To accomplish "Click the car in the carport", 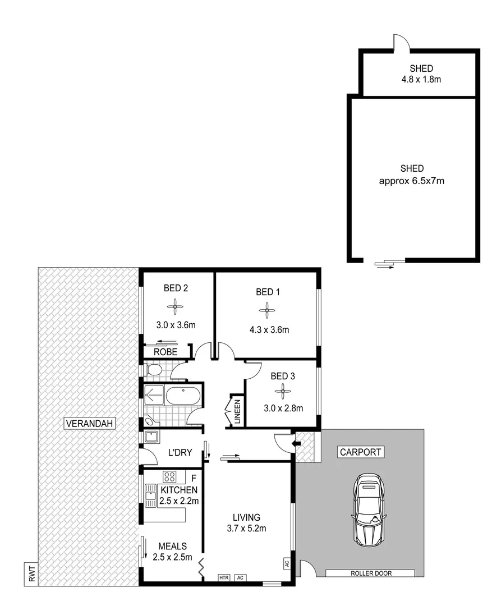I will pos(369,509).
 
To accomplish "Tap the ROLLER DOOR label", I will pos(371,573).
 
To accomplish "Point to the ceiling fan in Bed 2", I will pos(175,306).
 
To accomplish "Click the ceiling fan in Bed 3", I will pos(283,391).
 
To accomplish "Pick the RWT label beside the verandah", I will pos(30,574).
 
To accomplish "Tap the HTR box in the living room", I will pos(224,577).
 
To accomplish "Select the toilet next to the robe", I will pos(153,370).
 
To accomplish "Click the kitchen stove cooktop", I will pos(170,477).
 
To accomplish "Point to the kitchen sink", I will pos(150,495).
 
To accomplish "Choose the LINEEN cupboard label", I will pos(237,412).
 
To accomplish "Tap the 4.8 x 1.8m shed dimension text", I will pos(417,79).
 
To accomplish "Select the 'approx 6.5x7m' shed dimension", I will pos(412,181).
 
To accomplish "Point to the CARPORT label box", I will pos(360,452).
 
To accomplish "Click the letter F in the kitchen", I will pos(194,478).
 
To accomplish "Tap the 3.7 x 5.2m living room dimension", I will pos(247,527).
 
